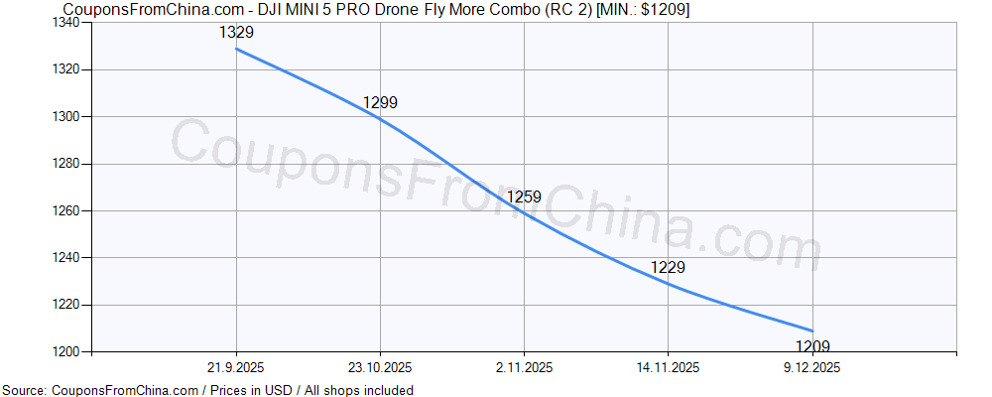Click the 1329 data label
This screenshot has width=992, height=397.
[x=236, y=33]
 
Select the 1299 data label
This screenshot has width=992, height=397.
[x=380, y=102]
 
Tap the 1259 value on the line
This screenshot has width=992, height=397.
[x=524, y=197]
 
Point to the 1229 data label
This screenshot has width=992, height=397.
[x=668, y=267]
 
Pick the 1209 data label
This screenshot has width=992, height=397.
[x=812, y=346]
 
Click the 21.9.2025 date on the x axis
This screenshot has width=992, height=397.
[x=236, y=367]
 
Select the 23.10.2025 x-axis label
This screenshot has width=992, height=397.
[x=380, y=367]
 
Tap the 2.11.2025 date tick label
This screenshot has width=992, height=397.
[x=524, y=367]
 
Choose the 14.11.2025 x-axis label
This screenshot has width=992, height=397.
[x=668, y=367]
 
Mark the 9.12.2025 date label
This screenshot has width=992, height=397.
[x=812, y=367]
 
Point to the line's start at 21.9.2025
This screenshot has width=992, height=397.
[x=236, y=49]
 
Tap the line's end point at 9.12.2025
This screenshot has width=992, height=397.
[x=812, y=331]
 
